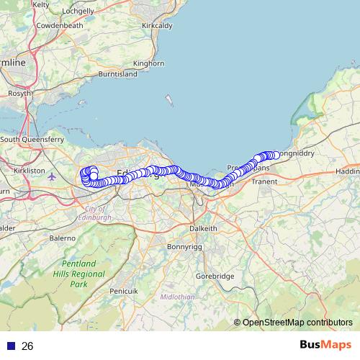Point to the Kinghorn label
149,63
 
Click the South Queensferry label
32,139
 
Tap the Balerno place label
62,237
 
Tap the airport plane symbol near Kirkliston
50,175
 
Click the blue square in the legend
11,346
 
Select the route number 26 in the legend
27,346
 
